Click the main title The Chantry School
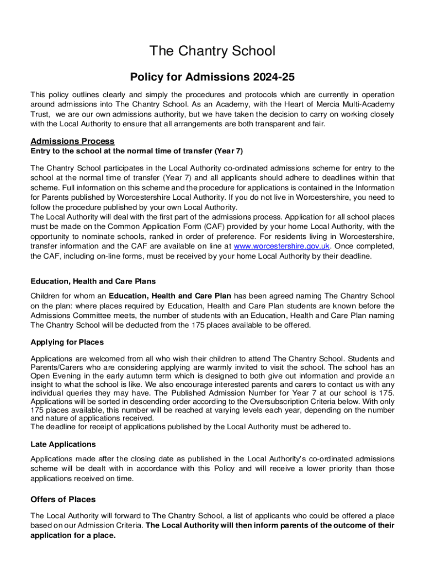(x=212, y=51)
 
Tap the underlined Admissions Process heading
(x=73, y=141)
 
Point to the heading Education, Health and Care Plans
(x=93, y=281)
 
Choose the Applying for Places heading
(x=67, y=342)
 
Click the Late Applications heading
(x=63, y=444)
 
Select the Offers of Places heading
(x=63, y=499)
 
